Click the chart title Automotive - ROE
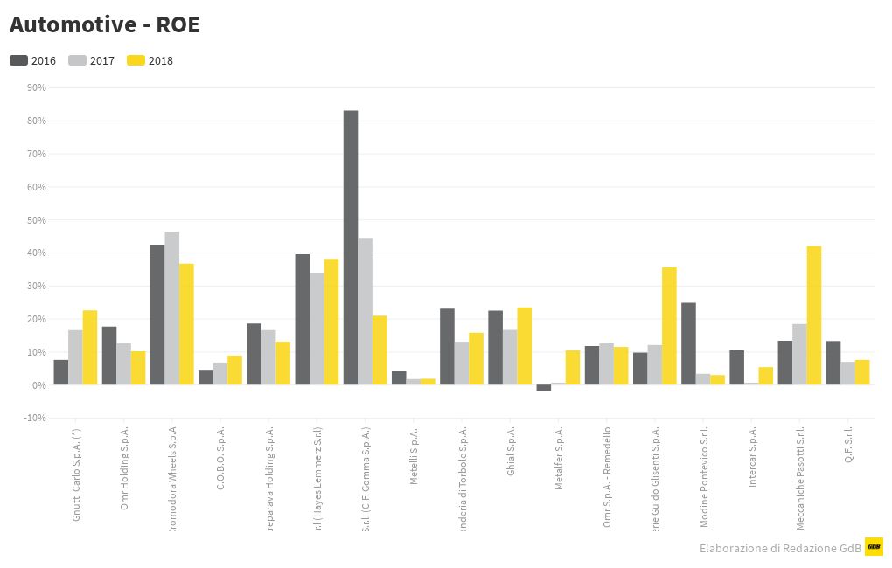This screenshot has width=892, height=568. [x=105, y=24]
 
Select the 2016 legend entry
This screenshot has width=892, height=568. [x=33, y=60]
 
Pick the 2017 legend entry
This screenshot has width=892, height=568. [x=91, y=60]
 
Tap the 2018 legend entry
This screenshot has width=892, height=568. [x=150, y=60]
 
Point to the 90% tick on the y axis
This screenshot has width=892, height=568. [x=37, y=87]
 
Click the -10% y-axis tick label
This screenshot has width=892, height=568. [x=35, y=418]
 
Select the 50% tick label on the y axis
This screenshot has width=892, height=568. [x=37, y=219]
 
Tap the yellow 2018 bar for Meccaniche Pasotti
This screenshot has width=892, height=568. [x=814, y=315]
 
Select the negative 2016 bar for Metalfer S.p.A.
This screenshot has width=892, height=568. [x=544, y=388]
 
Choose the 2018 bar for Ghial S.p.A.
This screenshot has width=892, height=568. [x=525, y=346]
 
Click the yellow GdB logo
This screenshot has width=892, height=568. [x=874, y=546]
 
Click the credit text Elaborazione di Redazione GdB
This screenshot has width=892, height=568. [x=780, y=548]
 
